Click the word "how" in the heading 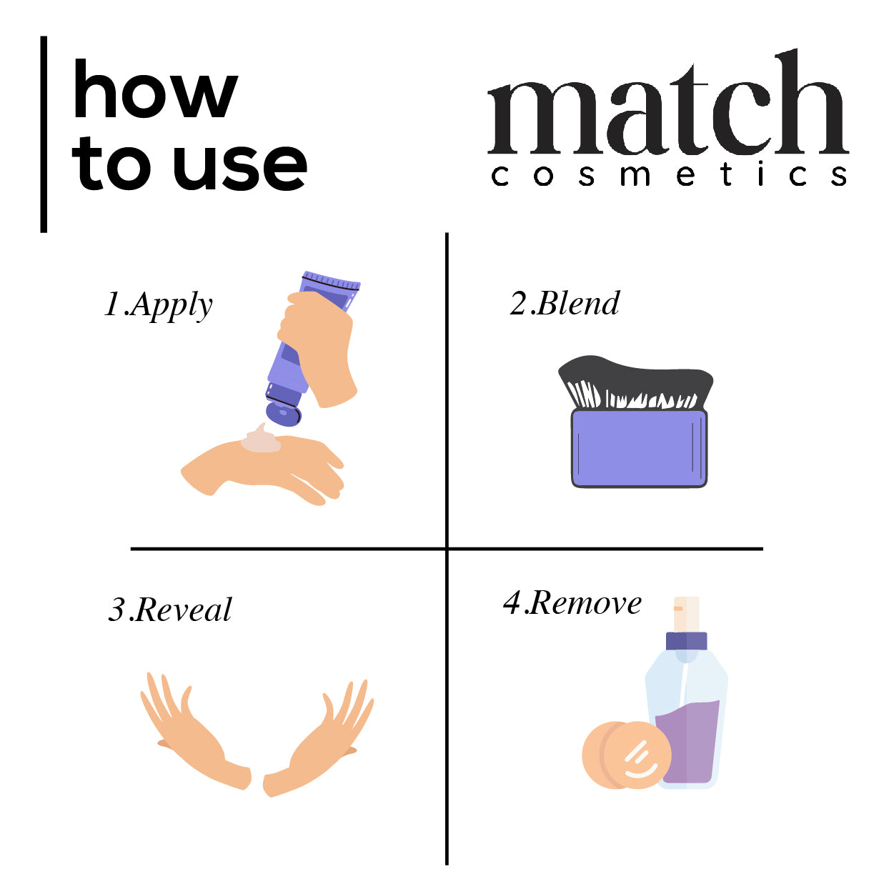[155, 89]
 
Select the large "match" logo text [668, 102]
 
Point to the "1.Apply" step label [159, 305]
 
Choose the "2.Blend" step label [565, 304]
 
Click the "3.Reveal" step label [170, 609]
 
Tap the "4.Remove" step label [572, 603]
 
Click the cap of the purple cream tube [283, 411]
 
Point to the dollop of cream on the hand [260, 439]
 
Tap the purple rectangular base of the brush [639, 448]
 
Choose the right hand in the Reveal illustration [319, 738]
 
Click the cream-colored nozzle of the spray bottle [686, 615]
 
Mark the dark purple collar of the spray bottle [686, 641]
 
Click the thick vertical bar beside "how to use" [44, 134]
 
